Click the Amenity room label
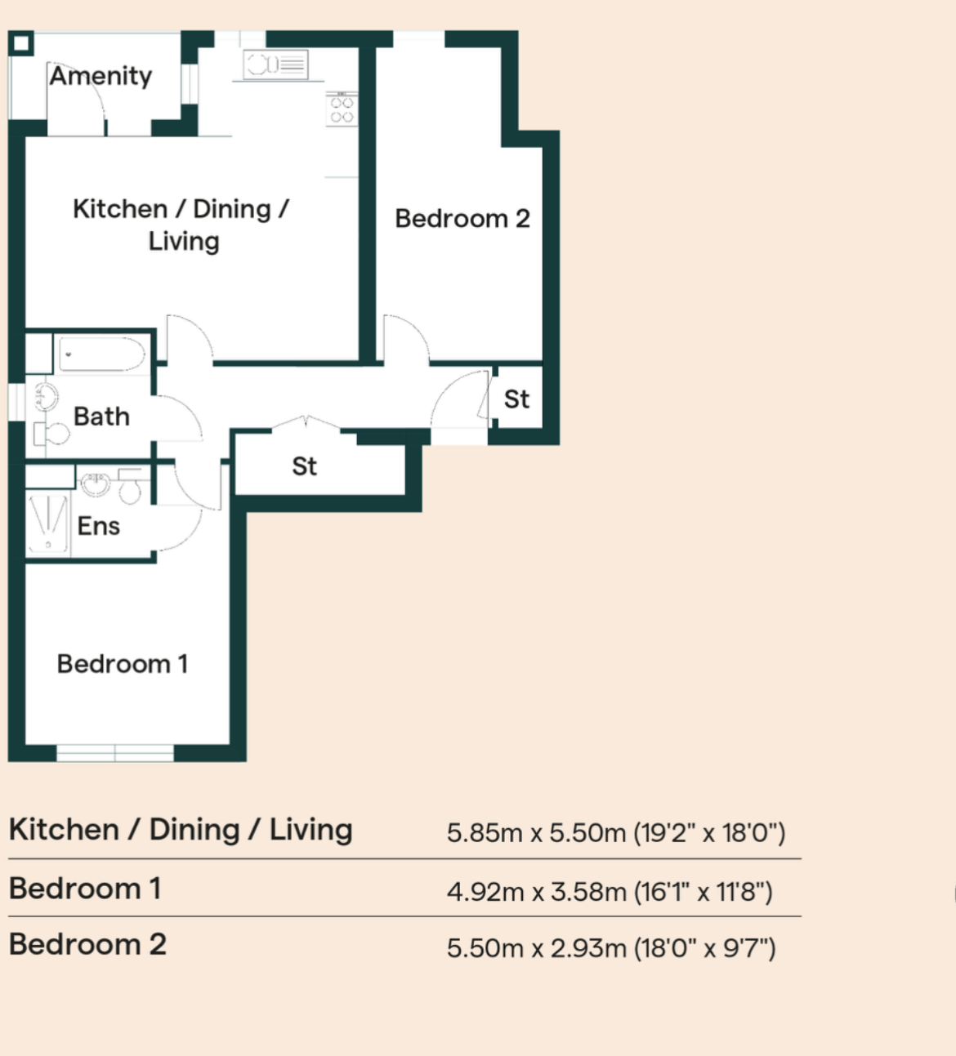[101, 76]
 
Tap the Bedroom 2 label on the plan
[462, 218]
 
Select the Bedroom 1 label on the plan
[123, 664]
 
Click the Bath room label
[101, 417]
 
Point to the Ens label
[99, 526]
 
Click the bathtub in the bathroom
[101, 354]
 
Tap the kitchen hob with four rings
[342, 109]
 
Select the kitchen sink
[275, 65]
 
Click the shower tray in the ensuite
[47, 524]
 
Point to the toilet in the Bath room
[51, 434]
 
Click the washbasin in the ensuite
[96, 485]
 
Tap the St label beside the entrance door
[516, 399]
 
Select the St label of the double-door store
[305, 466]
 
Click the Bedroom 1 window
[115, 753]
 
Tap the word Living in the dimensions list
[310, 831]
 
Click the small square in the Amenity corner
[21, 43]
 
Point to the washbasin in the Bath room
[46, 396]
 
